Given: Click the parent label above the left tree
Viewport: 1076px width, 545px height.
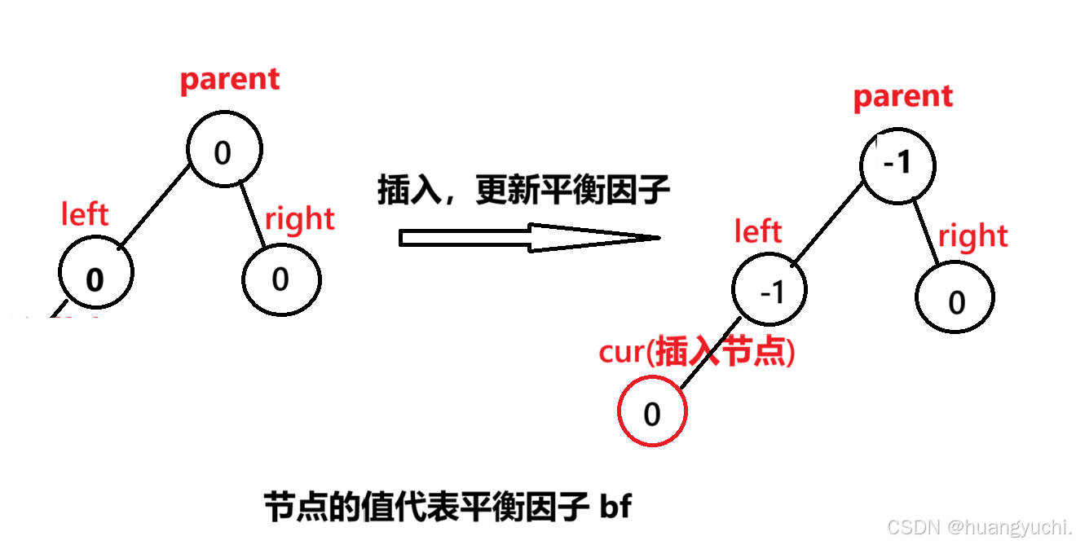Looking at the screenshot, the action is coord(229,80).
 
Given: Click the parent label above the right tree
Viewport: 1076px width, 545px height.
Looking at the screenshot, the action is coord(902,97).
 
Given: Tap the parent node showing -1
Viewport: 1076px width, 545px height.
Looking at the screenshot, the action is coord(897,165).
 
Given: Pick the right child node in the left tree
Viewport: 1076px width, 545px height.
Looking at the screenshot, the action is coord(281,279).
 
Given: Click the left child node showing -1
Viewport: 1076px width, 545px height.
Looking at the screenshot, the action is coord(770,291).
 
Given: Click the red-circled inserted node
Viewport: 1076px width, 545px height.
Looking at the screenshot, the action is coord(652,413).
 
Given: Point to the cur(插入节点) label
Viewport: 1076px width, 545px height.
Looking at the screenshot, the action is coord(696,353).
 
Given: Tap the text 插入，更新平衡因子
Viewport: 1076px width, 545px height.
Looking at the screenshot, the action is coord(523,191).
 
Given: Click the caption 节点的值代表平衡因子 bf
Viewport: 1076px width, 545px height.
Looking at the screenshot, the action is coord(448,507).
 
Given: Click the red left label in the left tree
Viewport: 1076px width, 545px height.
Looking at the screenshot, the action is coord(85,215).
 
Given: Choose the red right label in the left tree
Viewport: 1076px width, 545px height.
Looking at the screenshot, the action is coord(299,218).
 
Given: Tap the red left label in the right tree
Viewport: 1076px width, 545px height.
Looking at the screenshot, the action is coord(757,232).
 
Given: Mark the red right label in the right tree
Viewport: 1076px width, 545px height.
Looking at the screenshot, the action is coord(972,236).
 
